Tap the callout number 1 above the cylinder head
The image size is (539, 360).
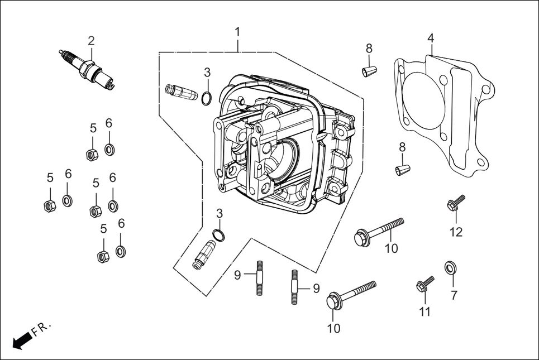coord(237,32)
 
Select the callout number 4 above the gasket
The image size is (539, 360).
coord(431,38)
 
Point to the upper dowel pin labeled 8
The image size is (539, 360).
coord(368,70)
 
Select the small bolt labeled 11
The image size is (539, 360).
coord(424,285)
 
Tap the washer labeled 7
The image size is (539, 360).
coord(449,268)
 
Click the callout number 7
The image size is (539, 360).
coord(454,296)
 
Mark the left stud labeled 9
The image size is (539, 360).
coord(260,277)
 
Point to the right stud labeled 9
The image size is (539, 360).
coord(294,286)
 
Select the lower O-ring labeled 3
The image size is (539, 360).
coord(220,234)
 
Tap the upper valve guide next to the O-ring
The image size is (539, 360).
coord(182,92)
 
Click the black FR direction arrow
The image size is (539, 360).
coord(21,340)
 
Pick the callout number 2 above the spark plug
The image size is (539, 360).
coord(91,41)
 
